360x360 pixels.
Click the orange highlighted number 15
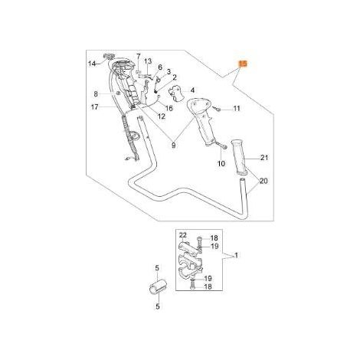click(x=243, y=64)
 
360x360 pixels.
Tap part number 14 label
click(x=92, y=64)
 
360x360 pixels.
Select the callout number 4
click(x=192, y=90)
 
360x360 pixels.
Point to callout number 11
click(x=237, y=109)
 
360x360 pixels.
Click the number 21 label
click(x=264, y=158)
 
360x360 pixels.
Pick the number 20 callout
click(x=263, y=181)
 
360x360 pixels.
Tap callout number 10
click(x=221, y=163)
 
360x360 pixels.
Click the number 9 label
click(x=174, y=146)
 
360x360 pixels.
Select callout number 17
click(x=95, y=106)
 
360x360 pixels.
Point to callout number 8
click(x=96, y=94)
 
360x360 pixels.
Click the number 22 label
click(x=183, y=235)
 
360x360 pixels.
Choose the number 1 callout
click(x=236, y=255)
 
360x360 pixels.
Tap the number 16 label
click(x=169, y=108)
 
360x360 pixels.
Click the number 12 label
click(x=162, y=116)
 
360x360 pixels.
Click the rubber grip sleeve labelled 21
click(x=240, y=157)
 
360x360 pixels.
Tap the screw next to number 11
click(x=218, y=109)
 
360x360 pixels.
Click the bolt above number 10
click(x=221, y=146)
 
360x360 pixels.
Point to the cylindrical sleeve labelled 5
click(x=158, y=287)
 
